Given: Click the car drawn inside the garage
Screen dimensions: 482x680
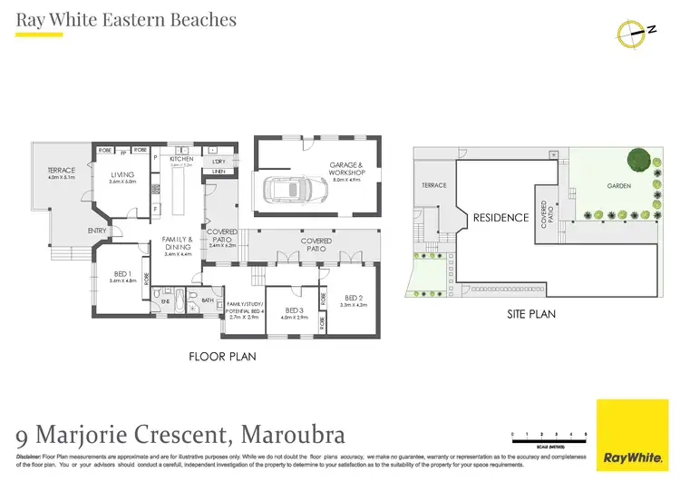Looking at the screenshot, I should (x=295, y=189).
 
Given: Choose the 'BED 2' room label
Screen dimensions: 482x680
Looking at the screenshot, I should (x=355, y=298).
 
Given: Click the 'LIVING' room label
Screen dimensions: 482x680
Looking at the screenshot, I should (x=122, y=174).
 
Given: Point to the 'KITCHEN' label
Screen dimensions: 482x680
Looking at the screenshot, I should (x=182, y=158).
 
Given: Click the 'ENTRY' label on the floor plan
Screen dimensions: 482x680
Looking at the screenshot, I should (x=97, y=231).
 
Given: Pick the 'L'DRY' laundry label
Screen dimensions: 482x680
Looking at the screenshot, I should (x=219, y=161).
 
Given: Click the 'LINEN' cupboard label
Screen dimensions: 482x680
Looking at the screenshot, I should (x=219, y=172).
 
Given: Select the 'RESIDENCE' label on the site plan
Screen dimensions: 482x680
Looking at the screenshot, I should (x=500, y=218).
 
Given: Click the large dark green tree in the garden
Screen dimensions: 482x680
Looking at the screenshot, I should (x=638, y=160).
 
